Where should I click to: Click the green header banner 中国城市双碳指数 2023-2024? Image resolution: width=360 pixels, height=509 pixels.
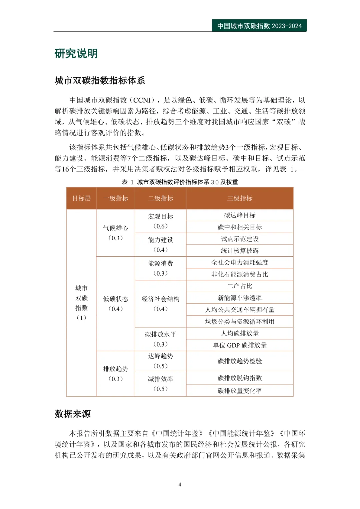[x=259, y=26]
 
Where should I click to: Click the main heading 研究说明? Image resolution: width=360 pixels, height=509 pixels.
[x=76, y=53]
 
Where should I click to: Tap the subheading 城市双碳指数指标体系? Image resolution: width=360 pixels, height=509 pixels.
[x=100, y=81]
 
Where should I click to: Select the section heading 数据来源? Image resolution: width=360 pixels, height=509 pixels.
[x=73, y=414]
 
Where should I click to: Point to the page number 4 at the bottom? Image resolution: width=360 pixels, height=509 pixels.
[x=180, y=484]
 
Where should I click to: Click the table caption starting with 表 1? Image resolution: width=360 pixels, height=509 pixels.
[x=180, y=182]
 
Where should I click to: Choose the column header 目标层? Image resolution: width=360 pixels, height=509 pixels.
[x=81, y=198]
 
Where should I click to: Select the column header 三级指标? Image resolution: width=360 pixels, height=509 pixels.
[x=240, y=198]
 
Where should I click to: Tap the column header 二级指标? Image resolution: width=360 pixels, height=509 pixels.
[x=160, y=198]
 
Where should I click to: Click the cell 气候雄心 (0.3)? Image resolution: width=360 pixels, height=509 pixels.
[x=115, y=233]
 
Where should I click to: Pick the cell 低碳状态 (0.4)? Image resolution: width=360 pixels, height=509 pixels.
[x=115, y=304]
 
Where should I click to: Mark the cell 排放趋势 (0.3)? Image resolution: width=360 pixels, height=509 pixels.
[x=115, y=374]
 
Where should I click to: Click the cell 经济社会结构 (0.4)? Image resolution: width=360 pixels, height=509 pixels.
[x=160, y=304]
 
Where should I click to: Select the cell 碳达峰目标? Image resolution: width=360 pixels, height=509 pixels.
[x=240, y=215]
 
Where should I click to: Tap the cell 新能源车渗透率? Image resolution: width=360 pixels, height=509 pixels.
[x=240, y=298]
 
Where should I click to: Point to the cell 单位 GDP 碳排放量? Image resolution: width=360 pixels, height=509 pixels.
[x=240, y=345]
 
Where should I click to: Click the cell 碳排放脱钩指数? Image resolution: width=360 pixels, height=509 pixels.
[x=240, y=378]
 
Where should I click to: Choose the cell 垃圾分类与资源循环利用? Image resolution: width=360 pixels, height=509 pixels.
[x=240, y=322]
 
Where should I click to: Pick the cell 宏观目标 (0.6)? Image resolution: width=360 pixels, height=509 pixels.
[x=160, y=221]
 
